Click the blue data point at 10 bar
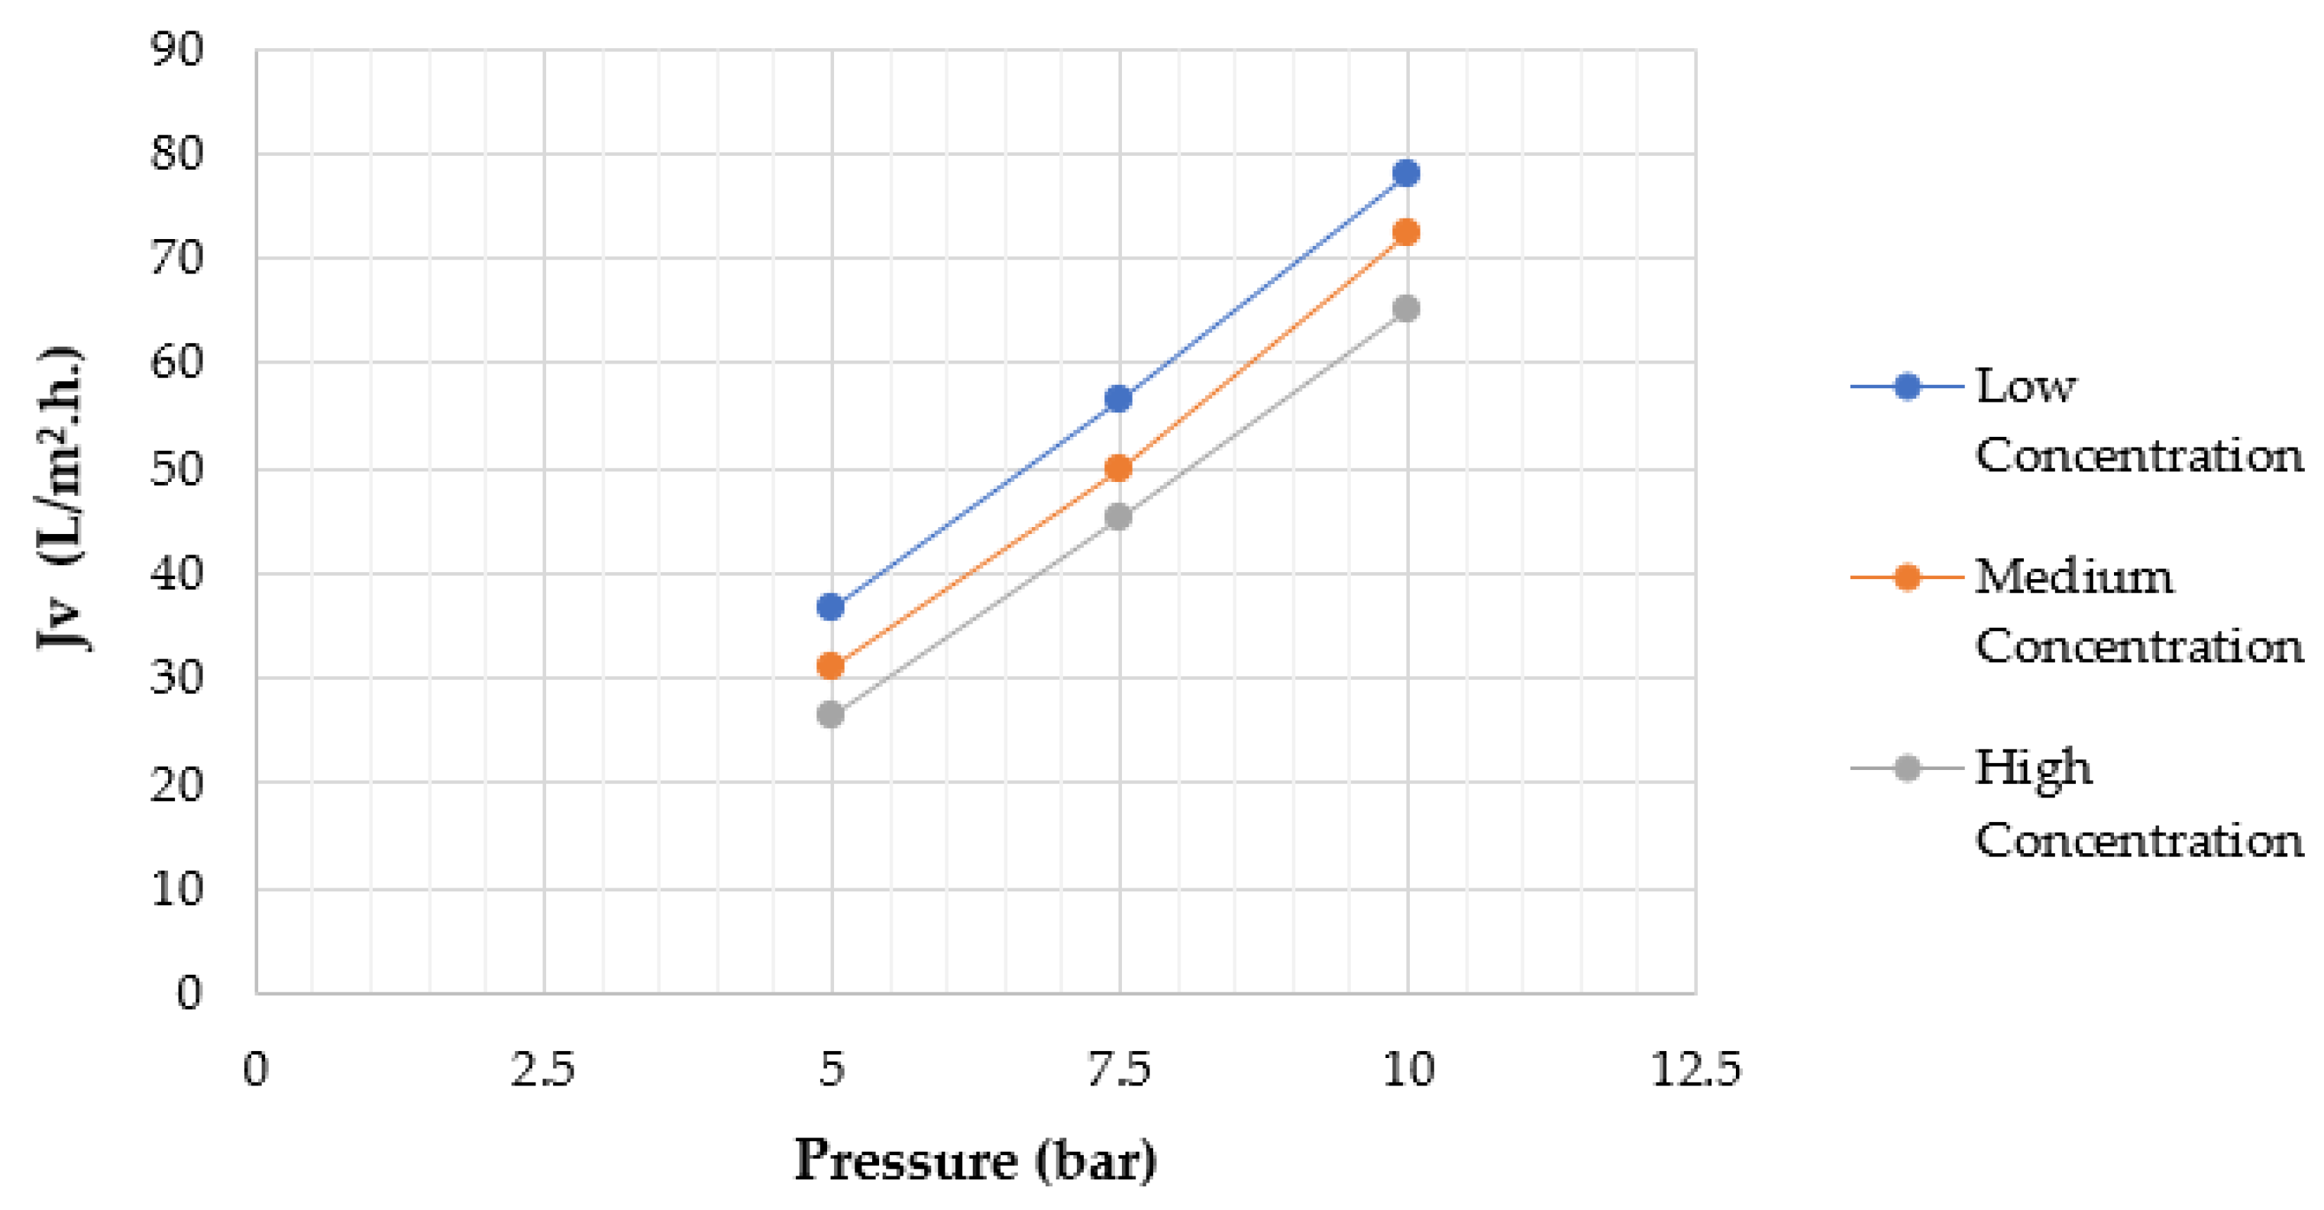tap(1405, 173)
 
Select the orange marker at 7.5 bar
tap(1118, 468)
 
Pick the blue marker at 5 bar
tap(830, 607)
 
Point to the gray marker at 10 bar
tap(1405, 309)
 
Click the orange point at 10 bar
tap(1405, 233)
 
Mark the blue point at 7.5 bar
tap(1118, 399)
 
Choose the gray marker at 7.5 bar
tap(1118, 517)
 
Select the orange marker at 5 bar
tap(830, 667)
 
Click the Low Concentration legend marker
tap(1906, 387)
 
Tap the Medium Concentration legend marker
tap(1906, 577)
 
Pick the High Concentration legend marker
tap(1906, 768)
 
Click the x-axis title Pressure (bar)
tap(975, 1161)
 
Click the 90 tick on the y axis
tap(177, 50)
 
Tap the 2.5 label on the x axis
tap(543, 1071)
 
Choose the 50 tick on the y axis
tap(177, 469)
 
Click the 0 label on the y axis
tap(189, 994)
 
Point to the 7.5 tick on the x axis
tap(1119, 1071)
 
